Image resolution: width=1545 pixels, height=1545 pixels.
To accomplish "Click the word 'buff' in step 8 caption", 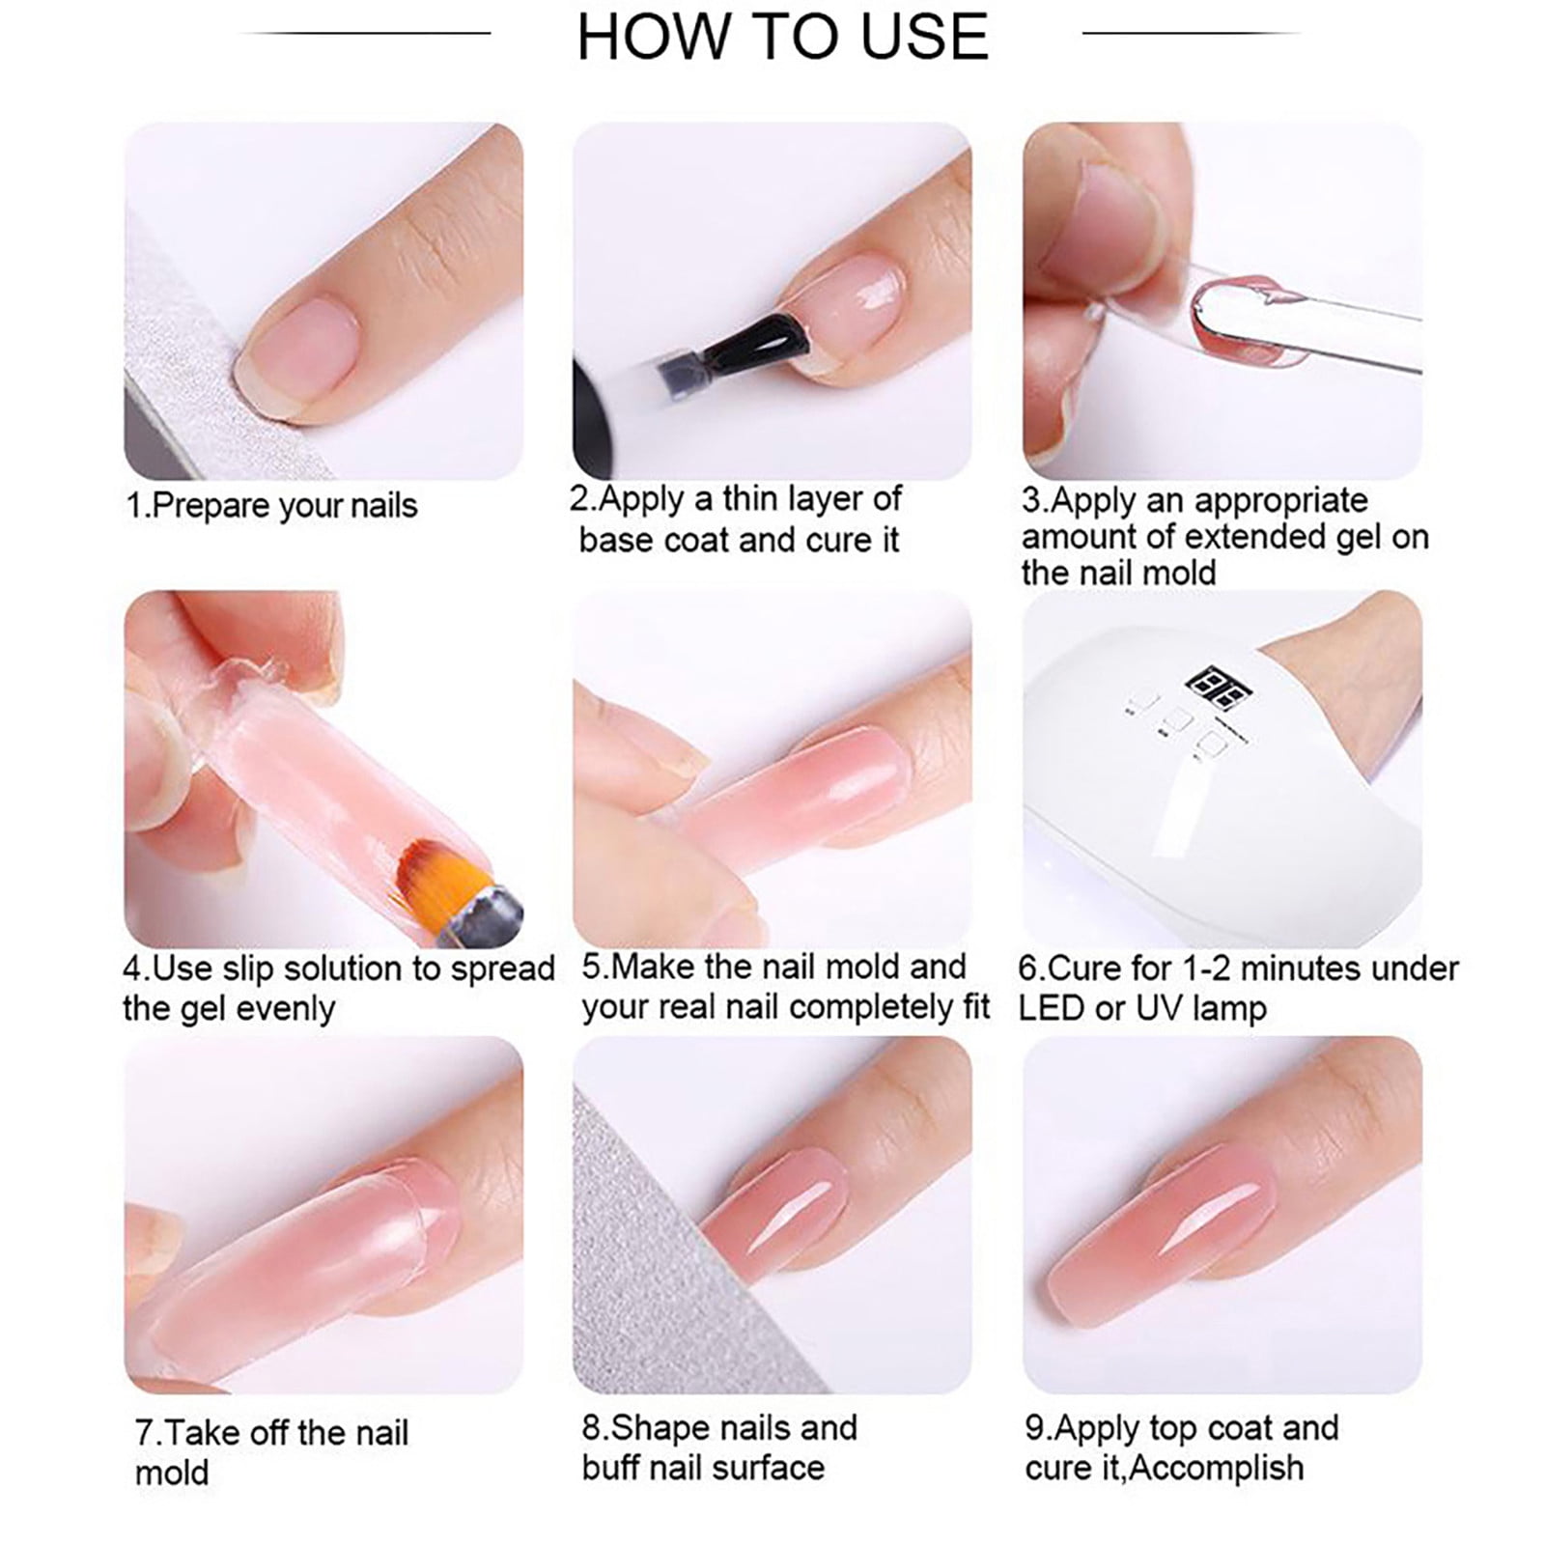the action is pyautogui.click(x=614, y=1467).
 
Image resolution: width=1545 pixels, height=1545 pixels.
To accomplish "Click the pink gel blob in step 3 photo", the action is pyautogui.click(x=1247, y=328).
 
